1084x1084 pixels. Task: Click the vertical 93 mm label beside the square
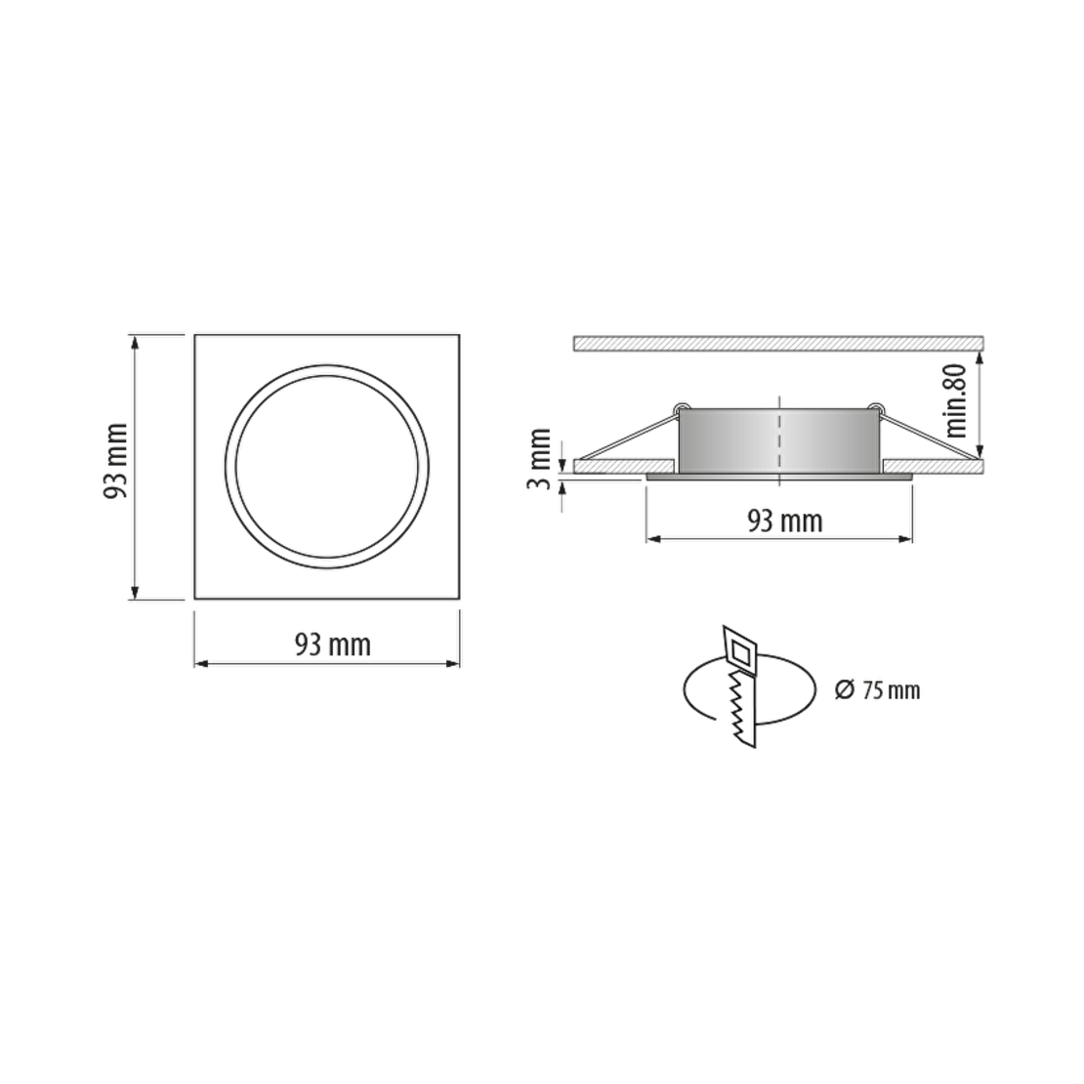click(115, 461)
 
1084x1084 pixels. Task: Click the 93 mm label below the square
click(333, 645)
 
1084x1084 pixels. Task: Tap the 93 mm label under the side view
click(784, 521)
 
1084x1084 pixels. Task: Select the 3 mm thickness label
click(539, 458)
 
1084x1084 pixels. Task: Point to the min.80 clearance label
click(957, 400)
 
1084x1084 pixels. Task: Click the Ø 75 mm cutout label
click(877, 689)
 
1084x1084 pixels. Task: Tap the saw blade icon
click(740, 687)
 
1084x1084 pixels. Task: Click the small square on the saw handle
click(739, 652)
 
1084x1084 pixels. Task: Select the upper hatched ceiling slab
click(778, 343)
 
